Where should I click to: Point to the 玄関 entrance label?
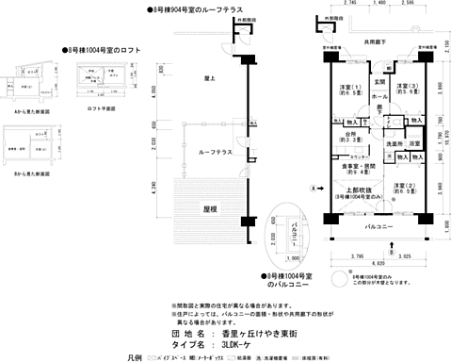point(379,83)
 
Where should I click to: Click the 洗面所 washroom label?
point(394,144)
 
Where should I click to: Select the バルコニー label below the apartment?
point(379,227)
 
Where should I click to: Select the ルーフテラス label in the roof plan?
point(217,152)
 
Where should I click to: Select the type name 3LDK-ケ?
point(230,345)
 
